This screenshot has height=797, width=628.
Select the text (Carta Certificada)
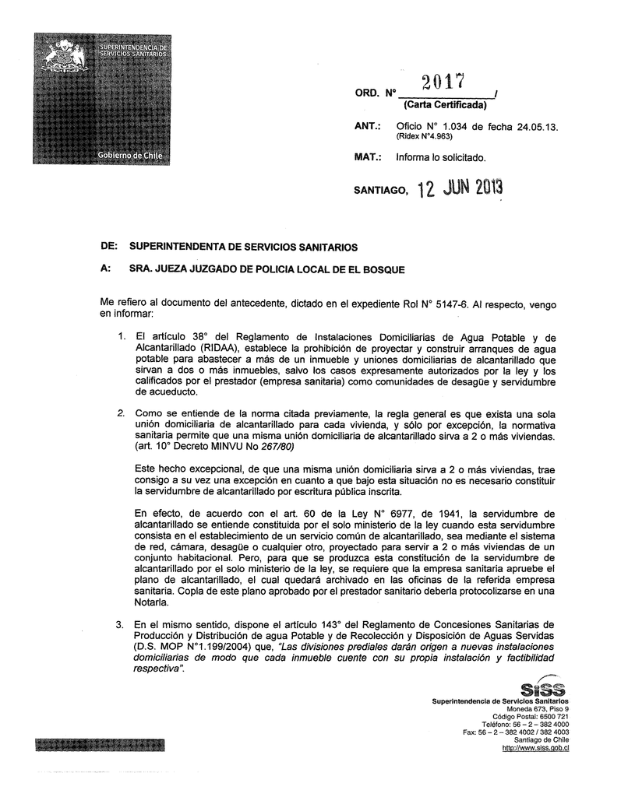pyautogui.click(x=444, y=105)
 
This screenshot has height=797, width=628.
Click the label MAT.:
pyautogui.click(x=367, y=158)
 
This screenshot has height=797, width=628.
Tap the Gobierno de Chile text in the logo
pyautogui.click(x=129, y=155)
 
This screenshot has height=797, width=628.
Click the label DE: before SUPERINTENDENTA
pyautogui.click(x=109, y=247)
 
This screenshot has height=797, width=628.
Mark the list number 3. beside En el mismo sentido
pyautogui.click(x=120, y=625)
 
